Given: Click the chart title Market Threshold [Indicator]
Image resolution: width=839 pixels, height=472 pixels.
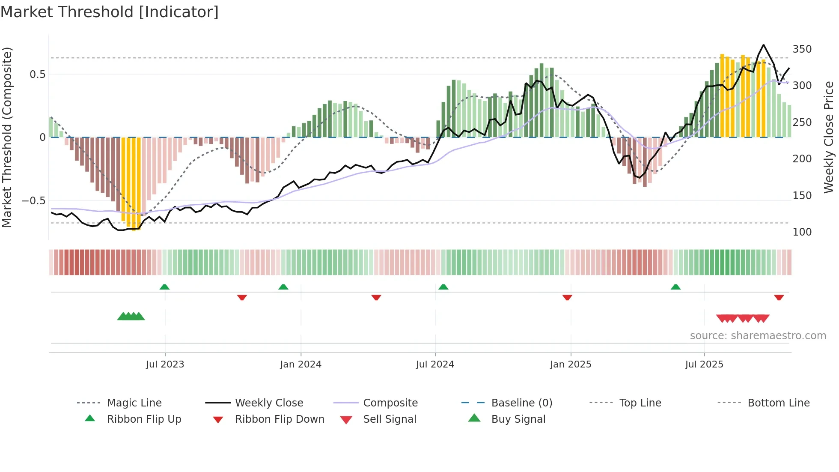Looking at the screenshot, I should click(x=110, y=12).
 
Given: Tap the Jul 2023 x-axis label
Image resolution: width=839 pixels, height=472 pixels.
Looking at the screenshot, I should click(x=165, y=364).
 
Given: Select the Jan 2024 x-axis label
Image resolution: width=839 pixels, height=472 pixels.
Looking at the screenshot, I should click(x=300, y=364).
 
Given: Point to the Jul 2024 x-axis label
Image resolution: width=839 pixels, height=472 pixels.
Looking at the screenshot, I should click(x=435, y=364).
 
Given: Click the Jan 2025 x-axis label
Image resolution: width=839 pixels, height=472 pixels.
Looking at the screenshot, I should click(x=571, y=364).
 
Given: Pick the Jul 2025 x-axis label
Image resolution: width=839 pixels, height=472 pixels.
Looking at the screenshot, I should click(x=704, y=364).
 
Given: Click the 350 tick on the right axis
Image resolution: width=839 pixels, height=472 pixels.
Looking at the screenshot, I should click(x=802, y=49).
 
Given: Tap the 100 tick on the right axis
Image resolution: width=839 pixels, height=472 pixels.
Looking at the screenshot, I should click(x=802, y=232).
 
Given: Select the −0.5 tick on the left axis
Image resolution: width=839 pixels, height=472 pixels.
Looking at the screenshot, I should click(x=34, y=201).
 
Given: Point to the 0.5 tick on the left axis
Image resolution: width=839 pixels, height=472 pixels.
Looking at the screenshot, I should click(x=38, y=75).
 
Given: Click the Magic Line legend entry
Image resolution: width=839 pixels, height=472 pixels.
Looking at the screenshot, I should click(x=134, y=403).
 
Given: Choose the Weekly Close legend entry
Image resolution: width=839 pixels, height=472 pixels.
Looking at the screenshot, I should click(x=269, y=403).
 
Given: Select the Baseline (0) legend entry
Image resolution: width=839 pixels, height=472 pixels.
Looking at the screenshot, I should click(x=521, y=403).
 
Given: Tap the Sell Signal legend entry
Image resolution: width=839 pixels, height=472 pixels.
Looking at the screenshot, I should click(x=390, y=419).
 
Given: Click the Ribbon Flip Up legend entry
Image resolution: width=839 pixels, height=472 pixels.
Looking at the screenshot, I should click(x=144, y=419).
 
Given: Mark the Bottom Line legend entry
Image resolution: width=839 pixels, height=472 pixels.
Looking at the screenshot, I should click(x=778, y=403).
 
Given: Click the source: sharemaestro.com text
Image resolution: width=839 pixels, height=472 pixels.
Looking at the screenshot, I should click(x=758, y=336).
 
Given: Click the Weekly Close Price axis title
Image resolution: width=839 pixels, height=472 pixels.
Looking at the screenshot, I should click(x=829, y=137).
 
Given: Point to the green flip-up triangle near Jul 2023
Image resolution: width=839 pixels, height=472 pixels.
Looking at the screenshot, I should click(x=164, y=287).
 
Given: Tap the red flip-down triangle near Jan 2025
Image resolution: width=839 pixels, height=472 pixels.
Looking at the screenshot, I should click(x=567, y=297).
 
